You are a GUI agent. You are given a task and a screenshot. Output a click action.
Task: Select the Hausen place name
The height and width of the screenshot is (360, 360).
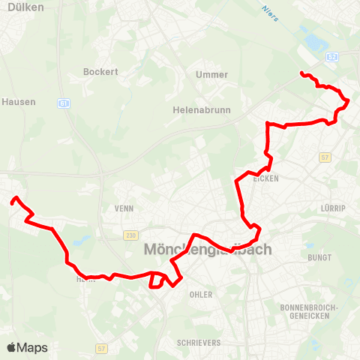(19, 101)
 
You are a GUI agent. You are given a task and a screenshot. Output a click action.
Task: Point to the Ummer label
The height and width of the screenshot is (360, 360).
(211, 74)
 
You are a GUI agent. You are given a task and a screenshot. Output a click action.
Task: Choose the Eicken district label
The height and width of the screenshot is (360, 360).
(266, 178)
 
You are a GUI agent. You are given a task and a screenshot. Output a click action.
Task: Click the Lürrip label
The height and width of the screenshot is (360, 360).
(333, 208)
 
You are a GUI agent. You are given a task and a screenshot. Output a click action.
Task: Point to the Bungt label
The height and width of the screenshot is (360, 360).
(319, 257)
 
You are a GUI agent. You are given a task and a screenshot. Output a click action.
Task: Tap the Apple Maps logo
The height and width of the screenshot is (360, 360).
(27, 347)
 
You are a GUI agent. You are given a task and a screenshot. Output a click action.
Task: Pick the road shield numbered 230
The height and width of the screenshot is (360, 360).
(131, 235)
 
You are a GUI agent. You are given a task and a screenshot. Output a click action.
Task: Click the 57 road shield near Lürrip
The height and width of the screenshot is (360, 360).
(325, 157)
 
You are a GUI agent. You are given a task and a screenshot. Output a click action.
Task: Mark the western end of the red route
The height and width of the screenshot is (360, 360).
(13, 200)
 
